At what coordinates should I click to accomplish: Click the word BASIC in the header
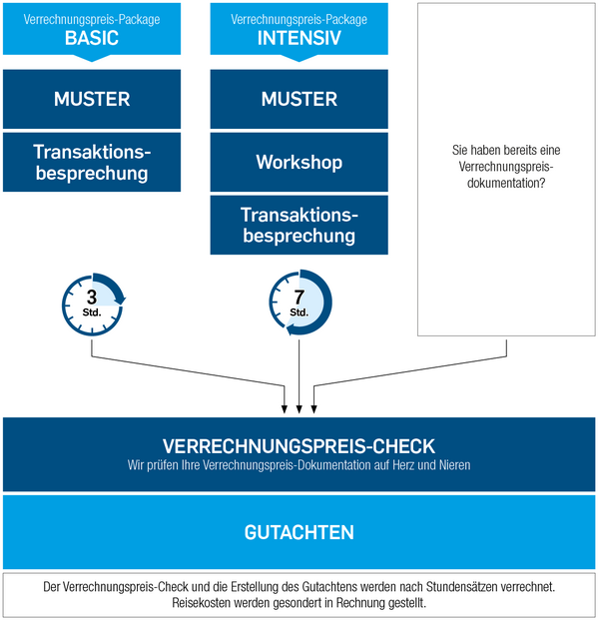tap(92, 38)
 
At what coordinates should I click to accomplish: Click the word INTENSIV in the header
tap(299, 38)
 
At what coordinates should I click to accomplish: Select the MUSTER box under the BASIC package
tap(92, 99)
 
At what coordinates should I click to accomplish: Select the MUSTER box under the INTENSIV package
tap(299, 99)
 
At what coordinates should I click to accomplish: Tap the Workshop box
tap(299, 162)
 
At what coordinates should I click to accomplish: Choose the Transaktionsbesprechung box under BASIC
tap(92, 162)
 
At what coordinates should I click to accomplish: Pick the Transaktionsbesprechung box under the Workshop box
tap(299, 225)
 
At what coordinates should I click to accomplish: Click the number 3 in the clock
tap(92, 298)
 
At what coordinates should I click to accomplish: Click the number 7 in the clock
tap(299, 298)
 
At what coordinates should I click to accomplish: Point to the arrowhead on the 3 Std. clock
tap(121, 300)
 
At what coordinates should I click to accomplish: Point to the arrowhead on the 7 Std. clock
tap(291, 329)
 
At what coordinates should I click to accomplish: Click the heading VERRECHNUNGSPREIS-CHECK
tap(299, 446)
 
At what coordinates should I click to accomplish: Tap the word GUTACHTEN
tap(299, 532)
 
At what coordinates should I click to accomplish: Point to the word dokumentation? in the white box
tap(506, 183)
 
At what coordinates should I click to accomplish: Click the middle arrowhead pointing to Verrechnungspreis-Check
tap(299, 409)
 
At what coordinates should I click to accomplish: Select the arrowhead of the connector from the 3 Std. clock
tap(285, 409)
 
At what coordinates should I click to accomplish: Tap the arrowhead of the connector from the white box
tap(313, 409)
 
